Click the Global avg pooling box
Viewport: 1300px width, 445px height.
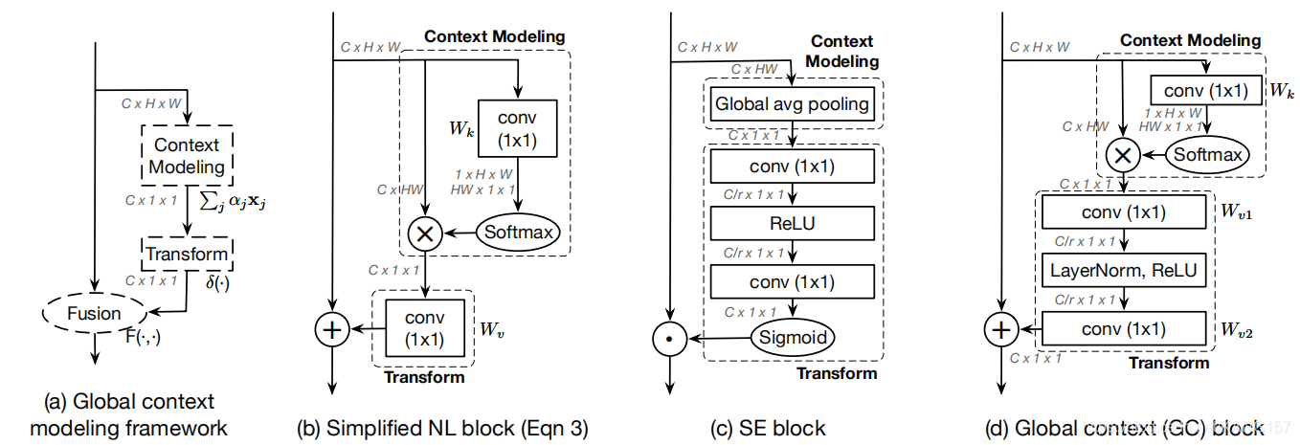point(793,104)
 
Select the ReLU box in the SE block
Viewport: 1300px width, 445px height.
point(793,223)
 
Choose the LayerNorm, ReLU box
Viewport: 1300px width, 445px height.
point(1124,271)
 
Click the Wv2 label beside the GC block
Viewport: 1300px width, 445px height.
point(1236,329)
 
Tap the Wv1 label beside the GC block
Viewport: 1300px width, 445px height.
point(1236,211)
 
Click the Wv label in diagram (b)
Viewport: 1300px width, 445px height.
point(492,329)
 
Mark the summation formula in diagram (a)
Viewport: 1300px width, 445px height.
point(233,201)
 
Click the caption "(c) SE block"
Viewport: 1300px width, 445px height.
point(767,428)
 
